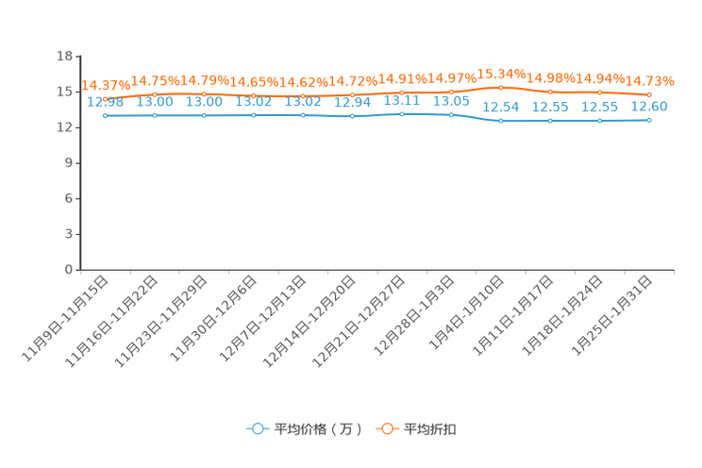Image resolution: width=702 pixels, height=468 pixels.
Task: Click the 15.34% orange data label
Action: (x=501, y=74)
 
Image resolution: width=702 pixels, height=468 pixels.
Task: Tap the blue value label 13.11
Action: (x=402, y=100)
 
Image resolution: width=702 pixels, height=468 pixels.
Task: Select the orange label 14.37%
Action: (x=106, y=85)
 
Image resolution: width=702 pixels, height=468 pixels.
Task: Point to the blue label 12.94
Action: (x=352, y=103)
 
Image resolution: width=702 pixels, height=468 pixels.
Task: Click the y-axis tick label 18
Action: (x=64, y=56)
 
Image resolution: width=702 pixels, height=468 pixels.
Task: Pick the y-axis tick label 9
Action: (x=69, y=163)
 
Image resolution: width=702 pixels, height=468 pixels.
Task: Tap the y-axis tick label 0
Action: (x=69, y=270)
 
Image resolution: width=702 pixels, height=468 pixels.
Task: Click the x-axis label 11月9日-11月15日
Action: (x=65, y=318)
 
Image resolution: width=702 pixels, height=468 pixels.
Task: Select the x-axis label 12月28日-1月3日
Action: (x=413, y=315)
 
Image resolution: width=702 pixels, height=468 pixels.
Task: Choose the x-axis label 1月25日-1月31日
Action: (x=611, y=315)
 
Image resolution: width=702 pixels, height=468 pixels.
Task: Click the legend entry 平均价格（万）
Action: (x=305, y=429)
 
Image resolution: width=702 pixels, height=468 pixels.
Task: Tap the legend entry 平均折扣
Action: (x=416, y=429)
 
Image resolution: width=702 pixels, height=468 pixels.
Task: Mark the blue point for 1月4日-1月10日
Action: (x=500, y=121)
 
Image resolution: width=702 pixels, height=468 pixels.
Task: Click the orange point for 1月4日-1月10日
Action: (x=500, y=88)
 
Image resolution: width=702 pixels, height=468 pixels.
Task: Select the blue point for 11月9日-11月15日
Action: (x=106, y=115)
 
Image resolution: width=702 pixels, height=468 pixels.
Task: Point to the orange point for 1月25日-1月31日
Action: (x=649, y=95)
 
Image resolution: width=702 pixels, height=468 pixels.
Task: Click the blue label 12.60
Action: (x=649, y=107)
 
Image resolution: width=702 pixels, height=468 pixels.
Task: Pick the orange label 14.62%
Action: (x=303, y=82)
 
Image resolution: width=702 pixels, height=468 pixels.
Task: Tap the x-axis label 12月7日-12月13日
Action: (x=262, y=318)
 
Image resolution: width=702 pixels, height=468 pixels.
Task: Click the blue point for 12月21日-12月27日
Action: (x=402, y=114)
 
